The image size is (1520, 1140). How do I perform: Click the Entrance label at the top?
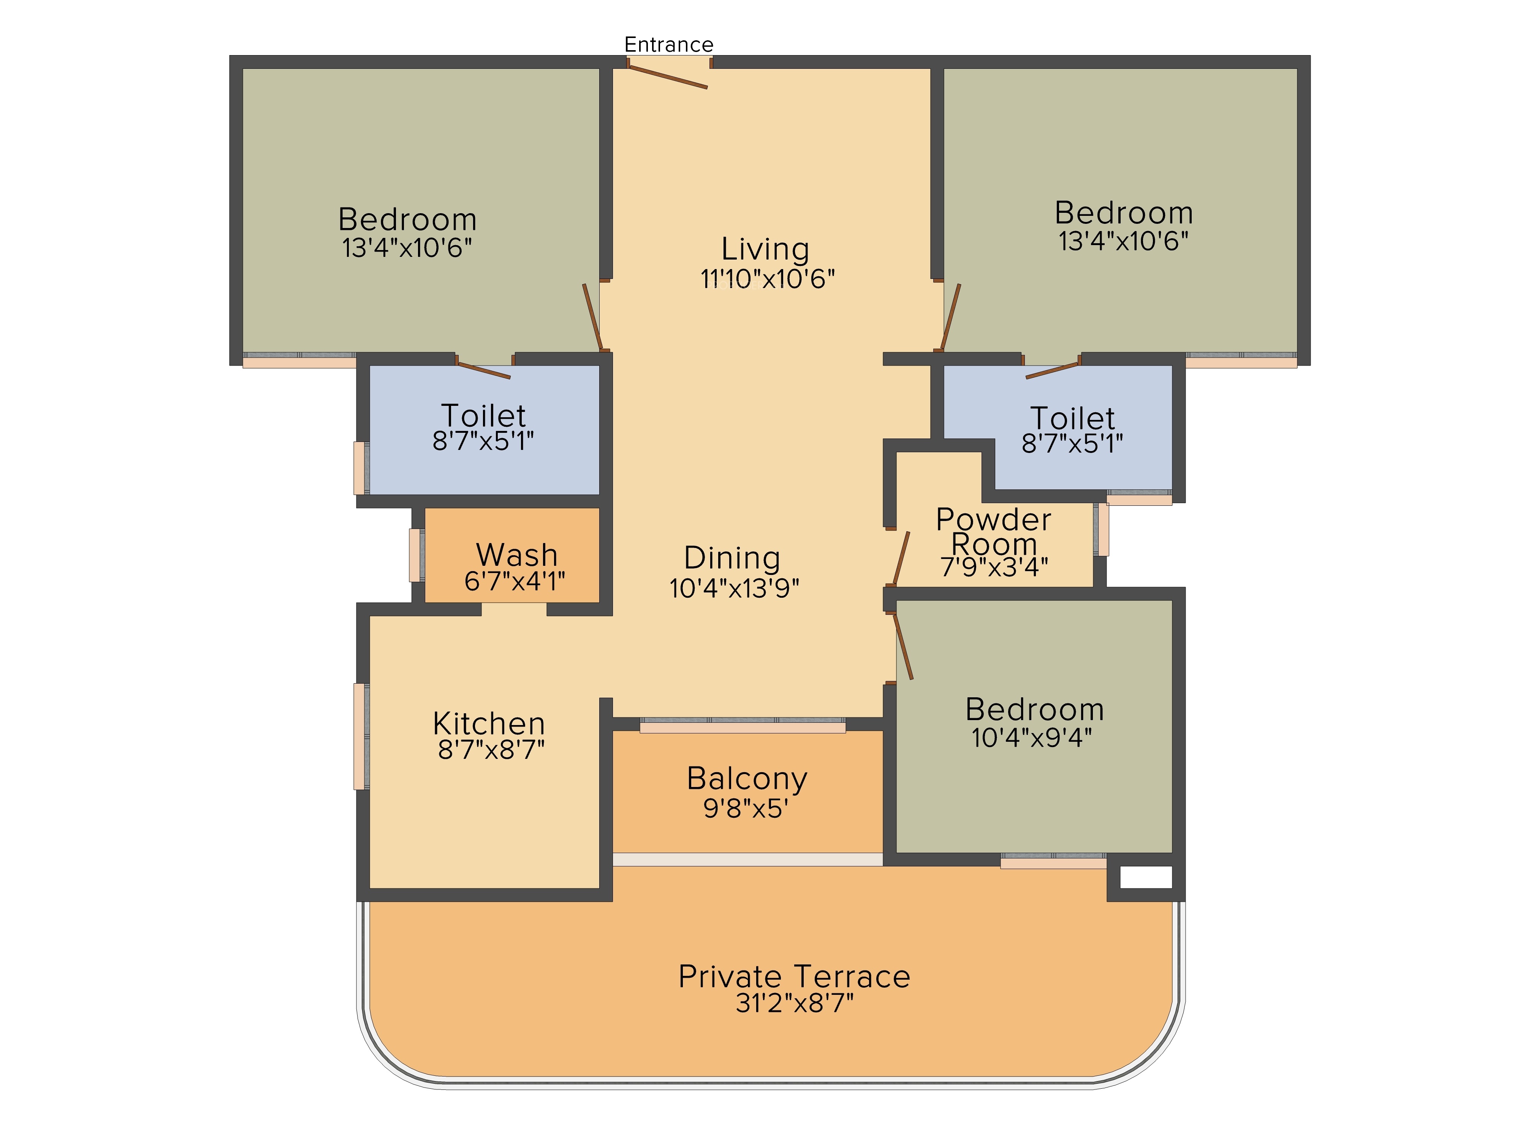point(668,45)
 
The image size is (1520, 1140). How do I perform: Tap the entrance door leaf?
point(668,77)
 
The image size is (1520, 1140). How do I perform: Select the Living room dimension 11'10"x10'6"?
point(768,279)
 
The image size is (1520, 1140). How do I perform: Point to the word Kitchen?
point(489,724)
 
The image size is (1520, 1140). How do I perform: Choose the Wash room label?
point(517,554)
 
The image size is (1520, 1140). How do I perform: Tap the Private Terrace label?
point(794,977)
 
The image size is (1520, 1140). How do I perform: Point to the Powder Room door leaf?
point(901,558)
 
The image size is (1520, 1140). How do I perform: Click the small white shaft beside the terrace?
point(1146,877)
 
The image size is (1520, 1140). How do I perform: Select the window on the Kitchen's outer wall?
point(361,736)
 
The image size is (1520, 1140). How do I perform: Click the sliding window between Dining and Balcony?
point(743,725)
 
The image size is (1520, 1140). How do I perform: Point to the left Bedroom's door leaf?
point(592,317)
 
